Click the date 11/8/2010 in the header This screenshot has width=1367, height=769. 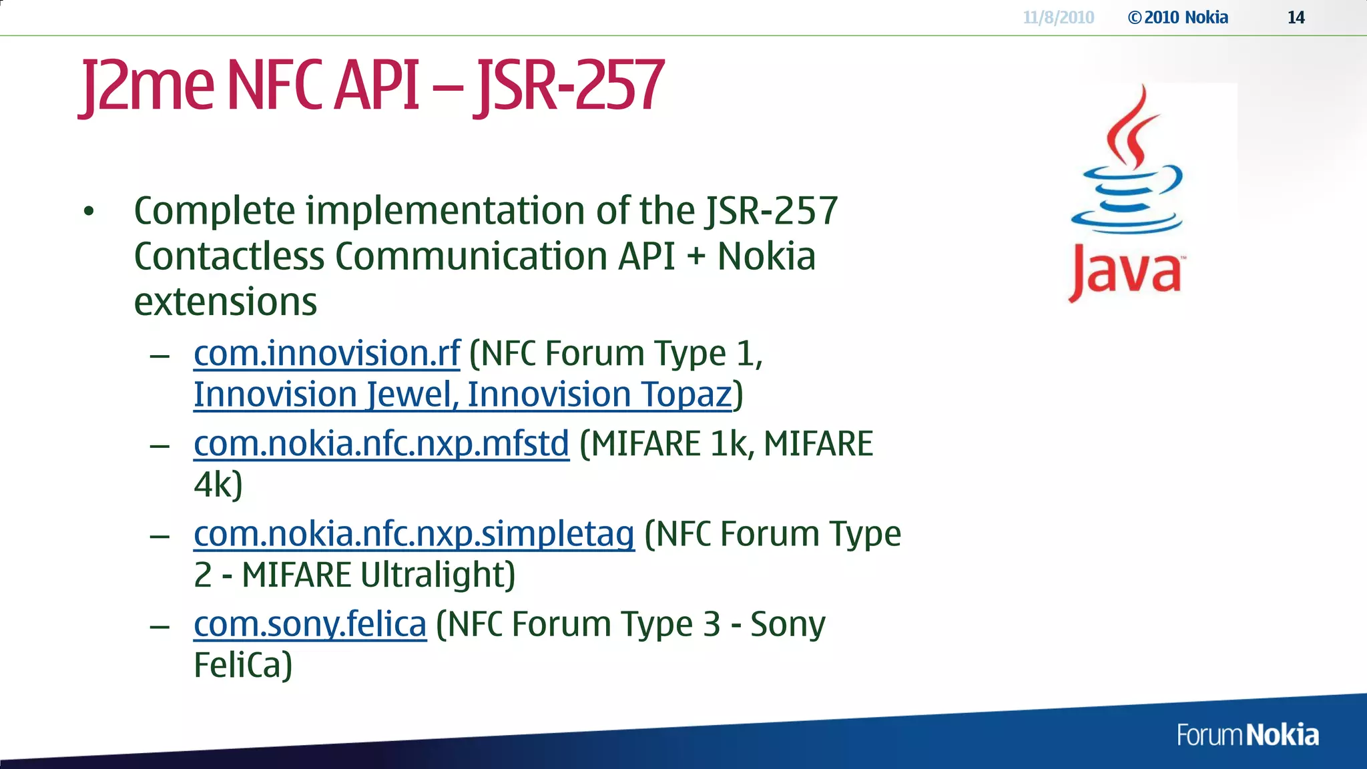pyautogui.click(x=1058, y=17)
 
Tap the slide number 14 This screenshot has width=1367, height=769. pyautogui.click(x=1296, y=17)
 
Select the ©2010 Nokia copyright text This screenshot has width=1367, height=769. pyautogui.click(x=1178, y=17)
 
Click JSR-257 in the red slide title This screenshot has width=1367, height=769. pyautogui.click(x=569, y=85)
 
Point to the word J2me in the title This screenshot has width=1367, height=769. pyautogui.click(x=148, y=85)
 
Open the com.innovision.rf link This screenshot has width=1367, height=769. pyautogui.click(x=326, y=353)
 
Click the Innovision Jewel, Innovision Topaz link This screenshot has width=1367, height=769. pyautogui.click(x=463, y=394)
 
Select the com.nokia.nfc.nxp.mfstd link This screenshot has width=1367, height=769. pyautogui.click(x=381, y=444)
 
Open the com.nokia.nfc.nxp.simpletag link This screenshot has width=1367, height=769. pyautogui.click(x=414, y=534)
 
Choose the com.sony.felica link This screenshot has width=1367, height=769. pyautogui.click(x=310, y=625)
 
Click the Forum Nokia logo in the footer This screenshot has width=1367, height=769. pyautogui.click(x=1247, y=735)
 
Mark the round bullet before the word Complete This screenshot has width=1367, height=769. pyautogui.click(x=89, y=212)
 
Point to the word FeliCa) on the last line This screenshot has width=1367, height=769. pyautogui.click(x=243, y=665)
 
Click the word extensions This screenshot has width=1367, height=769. pyautogui.click(x=225, y=302)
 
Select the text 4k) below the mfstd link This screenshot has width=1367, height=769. pyautogui.click(x=218, y=485)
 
